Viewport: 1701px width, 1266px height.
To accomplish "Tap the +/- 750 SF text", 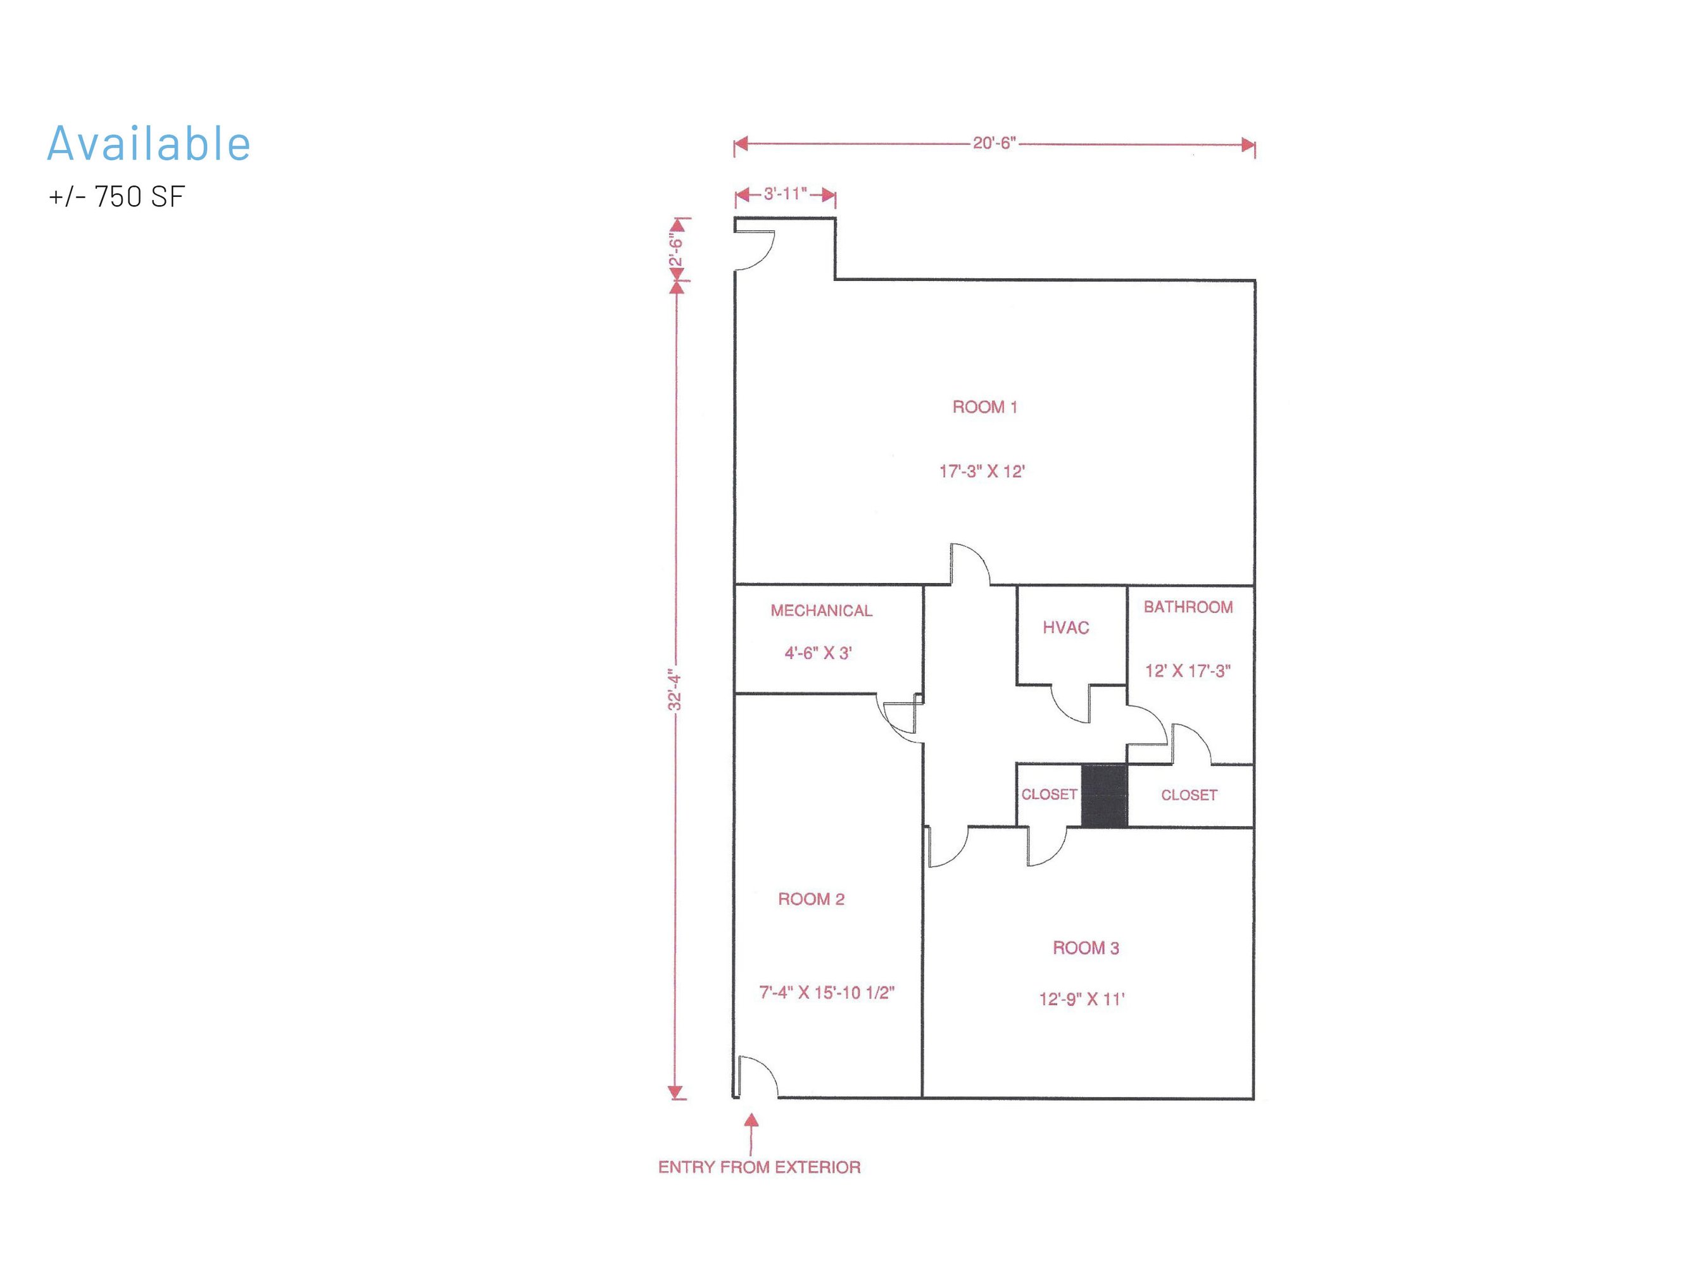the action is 117,197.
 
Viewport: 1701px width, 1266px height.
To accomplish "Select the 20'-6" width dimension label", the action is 994,143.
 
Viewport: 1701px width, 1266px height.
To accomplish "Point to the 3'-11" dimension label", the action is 784,194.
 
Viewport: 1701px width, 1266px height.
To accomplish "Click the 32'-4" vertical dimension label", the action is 674,690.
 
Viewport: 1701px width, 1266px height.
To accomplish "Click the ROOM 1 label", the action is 984,407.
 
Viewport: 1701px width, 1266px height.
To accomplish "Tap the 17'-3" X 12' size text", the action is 981,472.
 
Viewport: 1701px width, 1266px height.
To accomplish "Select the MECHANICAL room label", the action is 822,611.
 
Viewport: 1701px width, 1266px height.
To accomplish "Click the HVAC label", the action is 1066,628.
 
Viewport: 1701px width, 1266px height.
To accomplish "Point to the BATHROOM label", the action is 1188,607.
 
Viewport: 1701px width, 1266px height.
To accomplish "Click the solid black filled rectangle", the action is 1104,796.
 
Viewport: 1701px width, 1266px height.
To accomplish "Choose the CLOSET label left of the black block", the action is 1049,794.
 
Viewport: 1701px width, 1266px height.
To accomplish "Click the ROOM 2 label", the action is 812,899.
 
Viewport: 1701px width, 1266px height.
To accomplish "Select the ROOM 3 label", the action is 1086,948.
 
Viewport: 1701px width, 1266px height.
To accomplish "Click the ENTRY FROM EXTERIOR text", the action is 759,1167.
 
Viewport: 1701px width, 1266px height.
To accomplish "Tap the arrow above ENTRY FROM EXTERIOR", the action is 751,1134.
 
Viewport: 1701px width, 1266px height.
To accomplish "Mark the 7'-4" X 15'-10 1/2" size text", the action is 827,993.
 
